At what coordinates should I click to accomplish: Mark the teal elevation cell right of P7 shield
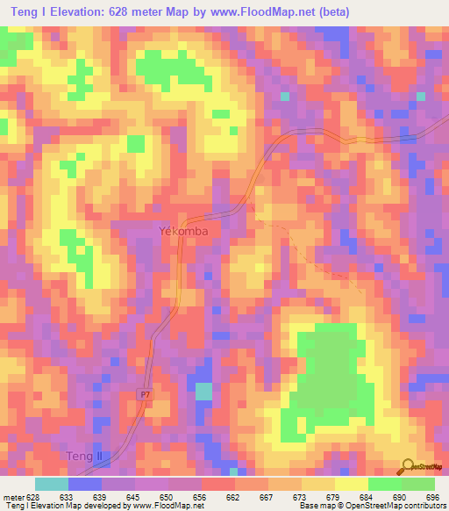203,391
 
